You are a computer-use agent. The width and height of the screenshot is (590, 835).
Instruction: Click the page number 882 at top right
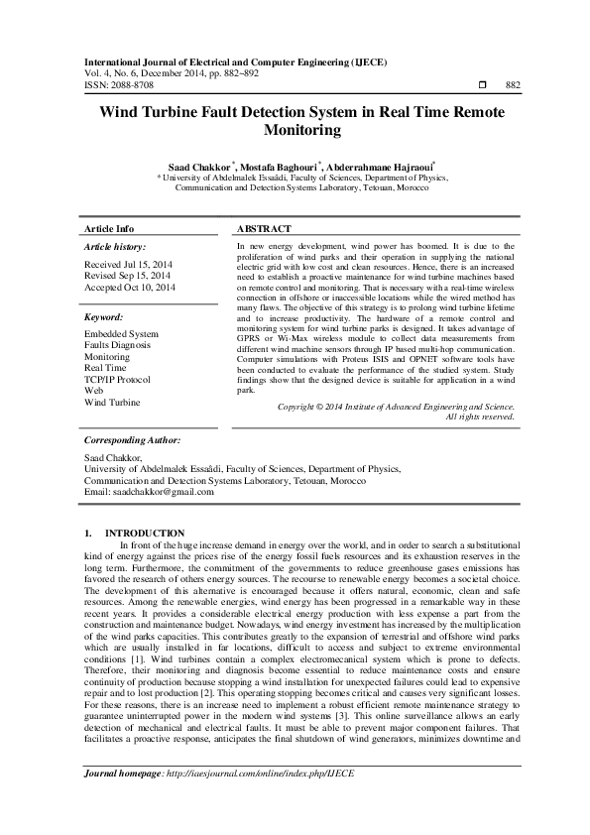[x=513, y=86]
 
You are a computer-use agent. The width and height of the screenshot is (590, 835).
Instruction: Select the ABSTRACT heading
[x=263, y=229]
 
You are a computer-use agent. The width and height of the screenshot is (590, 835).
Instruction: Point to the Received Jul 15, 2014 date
[x=127, y=264]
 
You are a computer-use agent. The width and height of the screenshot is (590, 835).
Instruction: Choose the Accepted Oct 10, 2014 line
[x=130, y=287]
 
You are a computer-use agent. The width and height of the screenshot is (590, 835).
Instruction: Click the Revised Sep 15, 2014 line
[x=128, y=275]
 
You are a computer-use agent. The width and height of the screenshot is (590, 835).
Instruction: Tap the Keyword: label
[x=104, y=317]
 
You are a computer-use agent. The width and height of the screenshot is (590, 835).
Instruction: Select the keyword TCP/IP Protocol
[x=118, y=380]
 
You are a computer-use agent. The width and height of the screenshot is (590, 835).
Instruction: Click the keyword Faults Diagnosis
[x=118, y=345]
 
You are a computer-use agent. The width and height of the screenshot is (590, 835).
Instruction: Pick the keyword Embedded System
[x=121, y=334]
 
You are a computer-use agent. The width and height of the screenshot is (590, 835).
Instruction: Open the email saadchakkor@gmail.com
[x=168, y=492]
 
